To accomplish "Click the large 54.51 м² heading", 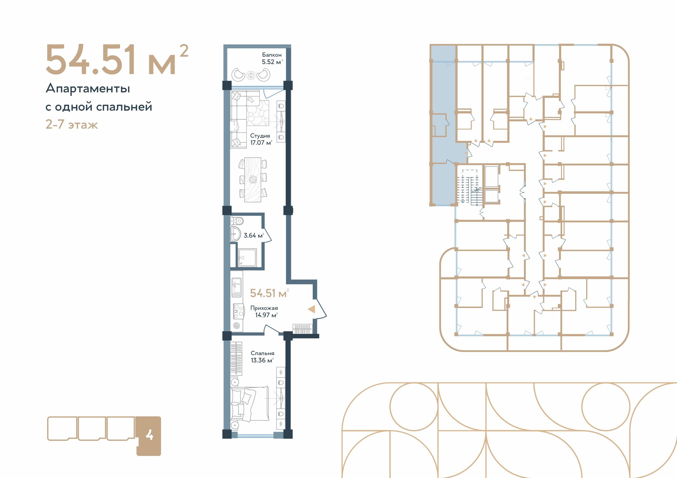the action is tap(117, 59).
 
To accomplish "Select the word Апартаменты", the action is tap(88, 88).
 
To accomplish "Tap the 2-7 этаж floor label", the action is tap(72, 125).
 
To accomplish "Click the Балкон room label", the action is tap(272, 55).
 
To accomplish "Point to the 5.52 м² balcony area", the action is tap(272, 62).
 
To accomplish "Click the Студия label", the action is tap(260, 136).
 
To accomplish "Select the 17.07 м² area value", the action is tap(261, 143).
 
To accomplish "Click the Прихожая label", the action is tap(264, 308).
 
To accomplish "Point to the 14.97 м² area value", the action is tap(266, 315).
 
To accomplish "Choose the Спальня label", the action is tap(263, 353).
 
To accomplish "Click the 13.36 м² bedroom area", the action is tap(262, 360).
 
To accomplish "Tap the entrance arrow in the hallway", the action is tap(311, 309).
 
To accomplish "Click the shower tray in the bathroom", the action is tap(247, 258).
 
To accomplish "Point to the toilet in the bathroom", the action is tap(237, 220).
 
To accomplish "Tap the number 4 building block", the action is tap(149, 436).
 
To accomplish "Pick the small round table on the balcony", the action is tap(250, 75).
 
